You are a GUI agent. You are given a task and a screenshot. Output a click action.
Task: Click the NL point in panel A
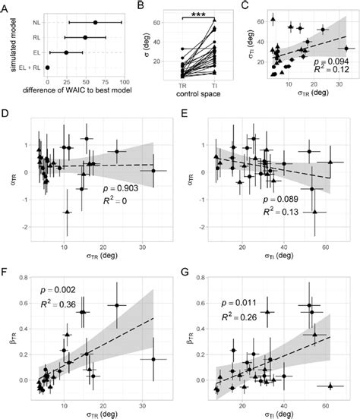[95, 23]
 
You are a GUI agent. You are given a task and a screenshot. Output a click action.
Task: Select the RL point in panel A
[85, 37]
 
